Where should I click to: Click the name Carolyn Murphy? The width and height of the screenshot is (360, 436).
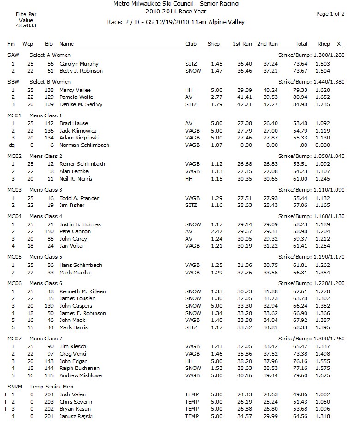(x=79, y=64)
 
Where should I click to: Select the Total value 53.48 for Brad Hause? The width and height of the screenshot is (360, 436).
(x=301, y=123)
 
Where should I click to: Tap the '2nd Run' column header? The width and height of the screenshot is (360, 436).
(x=268, y=44)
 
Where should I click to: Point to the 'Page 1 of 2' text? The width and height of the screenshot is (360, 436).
(x=330, y=14)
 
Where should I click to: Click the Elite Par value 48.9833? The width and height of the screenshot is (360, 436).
(x=26, y=26)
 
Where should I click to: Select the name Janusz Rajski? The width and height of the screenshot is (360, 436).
(x=76, y=416)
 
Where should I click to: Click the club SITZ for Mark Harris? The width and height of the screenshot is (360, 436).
(x=190, y=327)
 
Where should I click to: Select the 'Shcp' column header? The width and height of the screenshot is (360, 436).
(x=214, y=44)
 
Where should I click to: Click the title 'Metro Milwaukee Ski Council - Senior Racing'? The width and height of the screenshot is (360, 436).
(x=180, y=4)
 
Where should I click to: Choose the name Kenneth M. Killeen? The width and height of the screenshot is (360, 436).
(x=83, y=291)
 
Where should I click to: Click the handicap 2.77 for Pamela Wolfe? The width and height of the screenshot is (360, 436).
(x=216, y=97)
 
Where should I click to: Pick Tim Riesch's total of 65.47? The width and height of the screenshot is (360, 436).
(x=301, y=346)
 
